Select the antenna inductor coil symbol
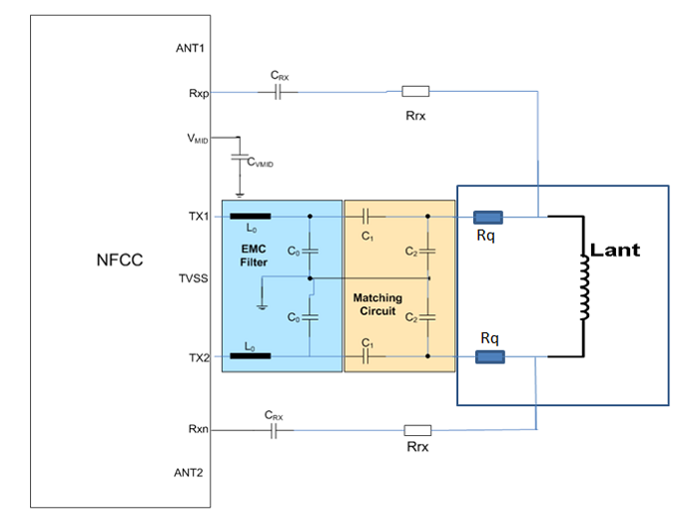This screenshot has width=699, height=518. (x=583, y=285)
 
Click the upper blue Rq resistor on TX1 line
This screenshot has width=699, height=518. (x=487, y=216)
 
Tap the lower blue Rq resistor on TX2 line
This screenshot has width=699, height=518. (x=489, y=356)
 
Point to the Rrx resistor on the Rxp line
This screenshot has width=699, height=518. (x=415, y=92)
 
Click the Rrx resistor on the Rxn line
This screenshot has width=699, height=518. (x=416, y=431)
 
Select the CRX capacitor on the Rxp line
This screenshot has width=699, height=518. (x=279, y=92)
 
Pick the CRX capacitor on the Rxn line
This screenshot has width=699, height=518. (x=275, y=431)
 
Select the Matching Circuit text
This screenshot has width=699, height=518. (x=377, y=304)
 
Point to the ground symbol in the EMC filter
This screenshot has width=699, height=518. (x=262, y=296)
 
